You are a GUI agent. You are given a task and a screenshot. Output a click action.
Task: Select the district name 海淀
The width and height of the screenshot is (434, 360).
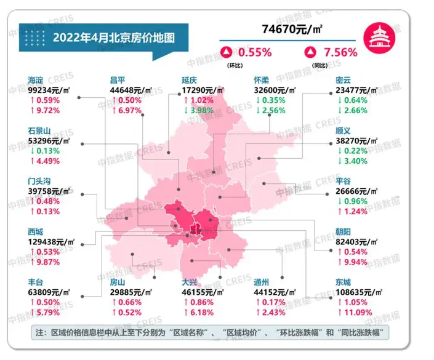click(36, 79)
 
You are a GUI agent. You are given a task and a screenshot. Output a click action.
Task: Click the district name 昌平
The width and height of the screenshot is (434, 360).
click(117, 79)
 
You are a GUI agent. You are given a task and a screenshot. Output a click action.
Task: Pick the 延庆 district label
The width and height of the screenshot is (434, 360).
click(190, 79)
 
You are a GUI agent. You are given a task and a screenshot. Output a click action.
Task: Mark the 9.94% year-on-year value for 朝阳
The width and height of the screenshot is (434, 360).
click(356, 262)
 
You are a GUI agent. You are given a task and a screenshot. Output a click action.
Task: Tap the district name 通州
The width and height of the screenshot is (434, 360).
click(262, 281)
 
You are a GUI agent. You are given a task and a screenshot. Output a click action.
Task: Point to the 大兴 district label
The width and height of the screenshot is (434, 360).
click(190, 281)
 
